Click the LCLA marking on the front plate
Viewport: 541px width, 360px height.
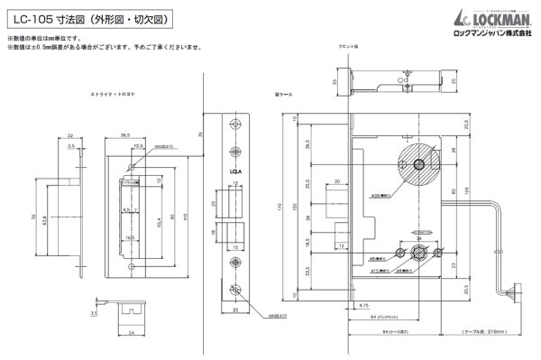tap(234, 167)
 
